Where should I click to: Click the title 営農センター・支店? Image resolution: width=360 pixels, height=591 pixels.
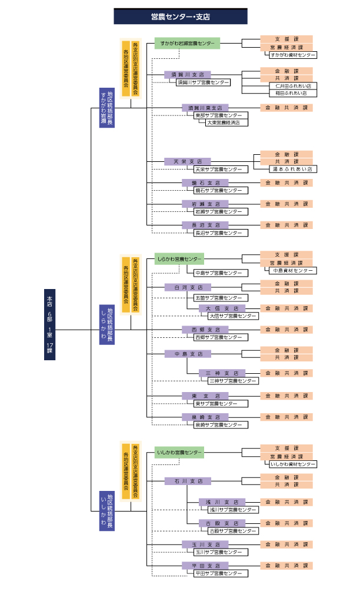pos(179,16)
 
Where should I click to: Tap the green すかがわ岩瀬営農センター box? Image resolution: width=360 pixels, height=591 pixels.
pos(188,44)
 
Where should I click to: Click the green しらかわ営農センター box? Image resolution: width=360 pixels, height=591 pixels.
pos(179,258)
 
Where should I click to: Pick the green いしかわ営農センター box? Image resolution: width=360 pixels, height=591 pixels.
pos(179,453)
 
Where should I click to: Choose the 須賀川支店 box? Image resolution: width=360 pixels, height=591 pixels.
pos(188,75)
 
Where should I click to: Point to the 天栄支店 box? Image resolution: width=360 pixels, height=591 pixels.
pos(188,161)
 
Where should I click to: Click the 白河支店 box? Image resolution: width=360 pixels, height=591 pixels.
pos(188,287)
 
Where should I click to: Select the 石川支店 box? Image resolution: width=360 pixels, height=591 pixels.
pos(188,481)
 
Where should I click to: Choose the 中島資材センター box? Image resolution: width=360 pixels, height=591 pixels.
pos(292,271)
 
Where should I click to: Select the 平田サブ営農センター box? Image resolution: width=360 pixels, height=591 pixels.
pos(218,573)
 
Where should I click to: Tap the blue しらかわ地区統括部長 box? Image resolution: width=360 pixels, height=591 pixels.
pos(107,324)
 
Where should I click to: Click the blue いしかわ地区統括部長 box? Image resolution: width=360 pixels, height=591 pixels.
pos(107,511)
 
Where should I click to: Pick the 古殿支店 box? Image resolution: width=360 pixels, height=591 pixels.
pos(222,523)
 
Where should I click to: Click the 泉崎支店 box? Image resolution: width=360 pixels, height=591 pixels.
pos(205,417)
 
